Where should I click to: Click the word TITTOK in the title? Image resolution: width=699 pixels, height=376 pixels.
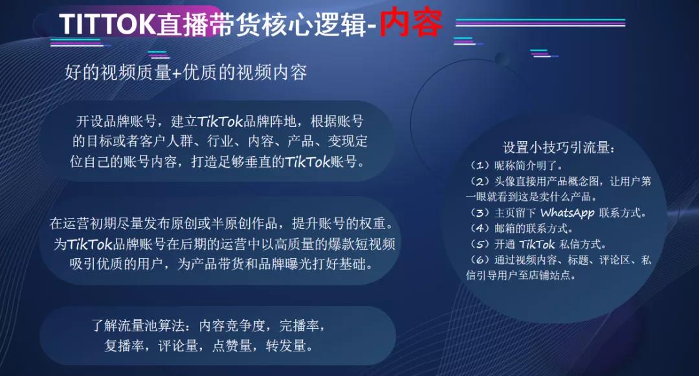[107, 24]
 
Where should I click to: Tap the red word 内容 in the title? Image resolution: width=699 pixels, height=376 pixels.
[410, 22]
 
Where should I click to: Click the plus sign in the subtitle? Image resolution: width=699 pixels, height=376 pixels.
[177, 73]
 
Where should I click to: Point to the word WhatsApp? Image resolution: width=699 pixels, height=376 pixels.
[568, 213]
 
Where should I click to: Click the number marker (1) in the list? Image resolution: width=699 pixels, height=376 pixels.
[480, 166]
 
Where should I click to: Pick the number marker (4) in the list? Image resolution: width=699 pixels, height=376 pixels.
[480, 228]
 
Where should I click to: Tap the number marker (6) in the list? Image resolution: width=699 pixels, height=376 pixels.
[480, 260]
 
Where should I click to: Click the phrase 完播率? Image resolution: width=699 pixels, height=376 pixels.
[299, 326]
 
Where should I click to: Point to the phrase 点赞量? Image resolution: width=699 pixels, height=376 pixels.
[232, 346]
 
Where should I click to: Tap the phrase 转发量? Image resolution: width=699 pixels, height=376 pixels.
[286, 346]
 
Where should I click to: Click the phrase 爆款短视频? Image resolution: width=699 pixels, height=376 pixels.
[362, 244]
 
